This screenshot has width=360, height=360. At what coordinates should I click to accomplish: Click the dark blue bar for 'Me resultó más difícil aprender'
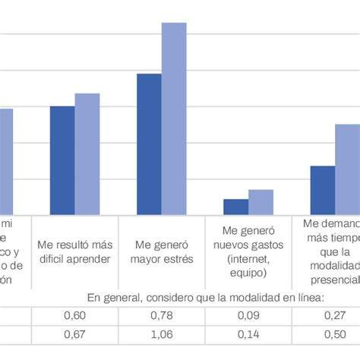point(62,160)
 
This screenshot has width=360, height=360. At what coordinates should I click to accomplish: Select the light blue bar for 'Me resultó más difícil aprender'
point(87,154)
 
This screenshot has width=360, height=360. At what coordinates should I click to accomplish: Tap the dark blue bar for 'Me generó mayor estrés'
point(149,144)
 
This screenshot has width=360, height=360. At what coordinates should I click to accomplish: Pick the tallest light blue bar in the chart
point(174,118)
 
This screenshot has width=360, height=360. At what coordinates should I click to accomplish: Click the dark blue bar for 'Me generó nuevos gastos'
point(235,207)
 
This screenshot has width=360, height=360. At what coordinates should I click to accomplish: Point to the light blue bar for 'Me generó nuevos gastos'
point(261,202)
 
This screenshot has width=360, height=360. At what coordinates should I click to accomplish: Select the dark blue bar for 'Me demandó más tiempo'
point(322,190)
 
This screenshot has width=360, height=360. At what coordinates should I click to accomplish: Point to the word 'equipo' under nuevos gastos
point(248,272)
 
